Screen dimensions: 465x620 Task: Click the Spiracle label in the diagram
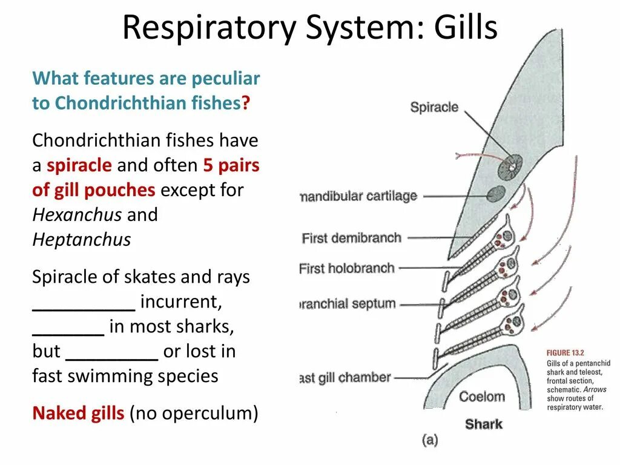point(434,108)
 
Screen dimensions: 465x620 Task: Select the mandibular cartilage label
point(358,196)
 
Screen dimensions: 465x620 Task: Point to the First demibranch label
point(351,238)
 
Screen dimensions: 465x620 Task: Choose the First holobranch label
point(347,268)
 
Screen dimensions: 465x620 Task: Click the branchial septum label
point(348,304)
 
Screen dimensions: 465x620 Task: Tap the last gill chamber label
point(345,378)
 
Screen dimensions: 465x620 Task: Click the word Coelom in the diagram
point(482,397)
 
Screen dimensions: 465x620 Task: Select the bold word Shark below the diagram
point(484,424)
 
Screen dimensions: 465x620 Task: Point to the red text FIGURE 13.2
point(565,352)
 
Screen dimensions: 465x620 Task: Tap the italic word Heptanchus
point(81,240)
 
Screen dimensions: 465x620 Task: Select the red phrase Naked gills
point(78,414)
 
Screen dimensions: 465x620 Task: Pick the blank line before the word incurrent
point(84,309)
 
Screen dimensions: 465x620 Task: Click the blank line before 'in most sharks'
point(68,334)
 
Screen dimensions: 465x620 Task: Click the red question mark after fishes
point(246,104)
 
